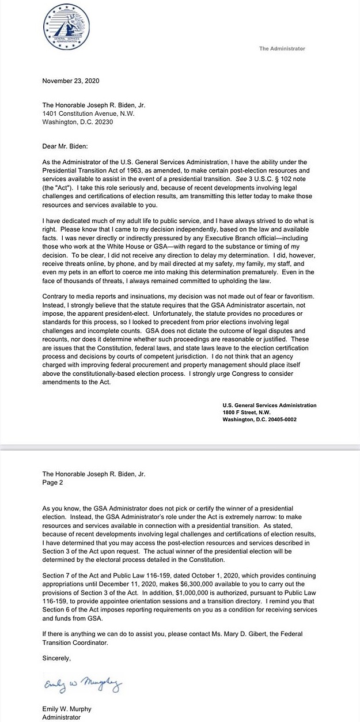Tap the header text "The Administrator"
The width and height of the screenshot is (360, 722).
282,49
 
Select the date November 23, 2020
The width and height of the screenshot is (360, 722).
71,81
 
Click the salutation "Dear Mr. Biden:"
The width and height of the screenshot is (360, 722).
67,146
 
